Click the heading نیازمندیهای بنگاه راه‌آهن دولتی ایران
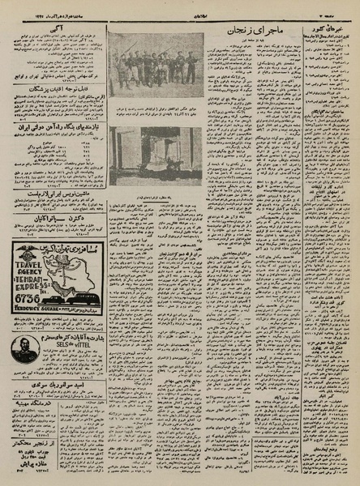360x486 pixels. (x=55, y=128)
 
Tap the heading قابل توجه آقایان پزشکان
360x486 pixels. (x=55, y=89)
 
